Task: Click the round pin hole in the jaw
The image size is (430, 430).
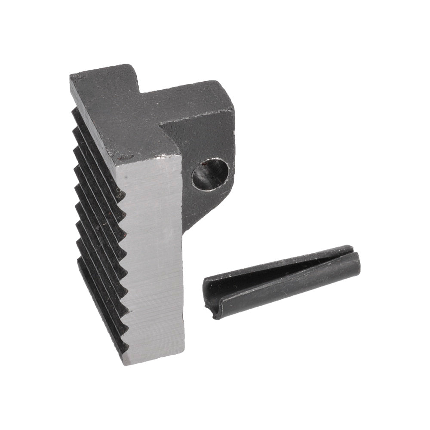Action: click(x=209, y=174)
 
